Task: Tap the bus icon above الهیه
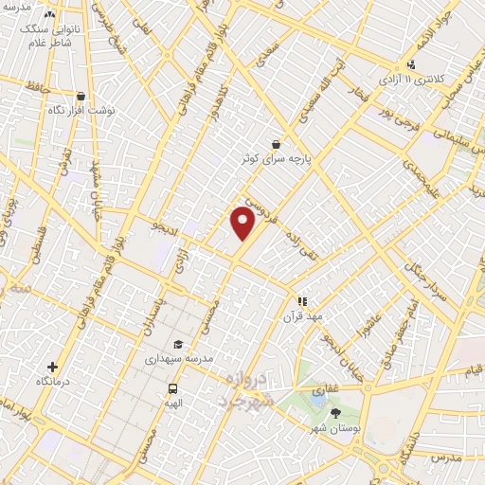173,388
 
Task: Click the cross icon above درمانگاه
52,366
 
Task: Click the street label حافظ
40,87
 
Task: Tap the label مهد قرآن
303,316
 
